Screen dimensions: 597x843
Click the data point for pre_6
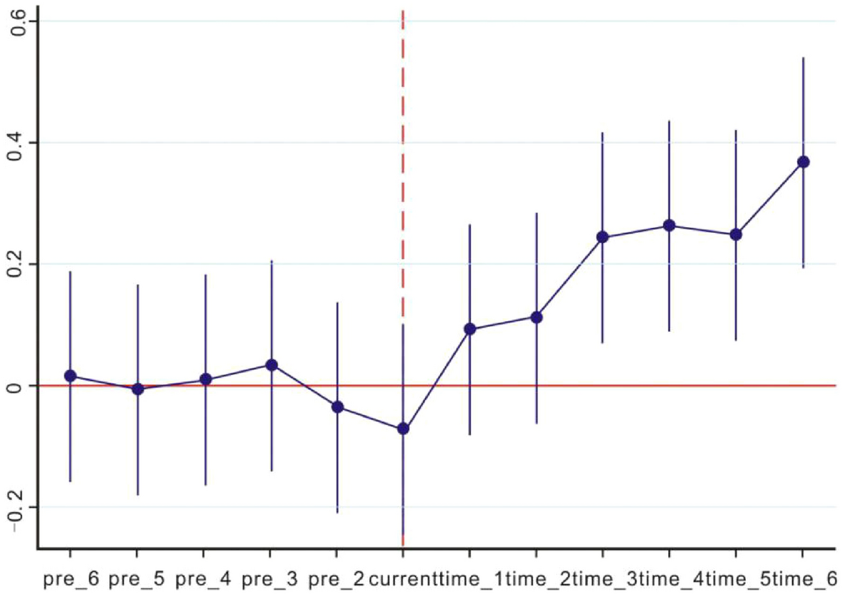click(x=70, y=376)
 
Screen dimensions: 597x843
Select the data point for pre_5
click(x=138, y=389)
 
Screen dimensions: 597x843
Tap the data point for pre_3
click(x=271, y=365)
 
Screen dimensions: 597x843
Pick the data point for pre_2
click(x=337, y=407)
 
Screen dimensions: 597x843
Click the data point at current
click(x=403, y=428)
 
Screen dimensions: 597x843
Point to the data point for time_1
click(x=470, y=329)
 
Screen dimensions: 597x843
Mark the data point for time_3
click(x=602, y=237)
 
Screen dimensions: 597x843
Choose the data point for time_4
click(x=669, y=226)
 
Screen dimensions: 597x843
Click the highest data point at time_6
click(x=803, y=162)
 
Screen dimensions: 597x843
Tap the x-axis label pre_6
click(x=70, y=578)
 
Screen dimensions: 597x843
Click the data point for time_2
click(x=537, y=317)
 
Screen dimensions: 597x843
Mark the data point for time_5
click(x=736, y=234)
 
